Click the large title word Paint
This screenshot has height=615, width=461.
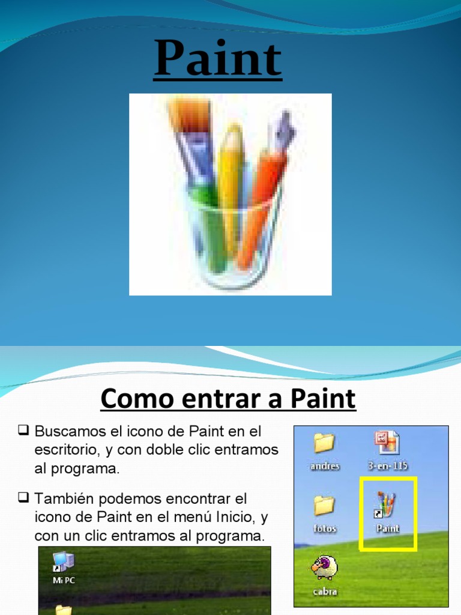pos(217,59)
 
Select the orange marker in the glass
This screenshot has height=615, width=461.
pos(258,204)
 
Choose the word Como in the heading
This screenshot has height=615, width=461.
pos(127,398)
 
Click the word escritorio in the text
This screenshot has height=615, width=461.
pos(62,450)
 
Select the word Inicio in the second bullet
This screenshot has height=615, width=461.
pos(237,517)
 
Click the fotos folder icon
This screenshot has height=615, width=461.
pos(324,506)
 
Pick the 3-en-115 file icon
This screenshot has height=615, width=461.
pos(387,443)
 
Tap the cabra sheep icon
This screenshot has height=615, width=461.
pos(325,568)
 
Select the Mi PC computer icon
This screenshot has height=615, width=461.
pos(64,562)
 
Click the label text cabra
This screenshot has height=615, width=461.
pos(325,592)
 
